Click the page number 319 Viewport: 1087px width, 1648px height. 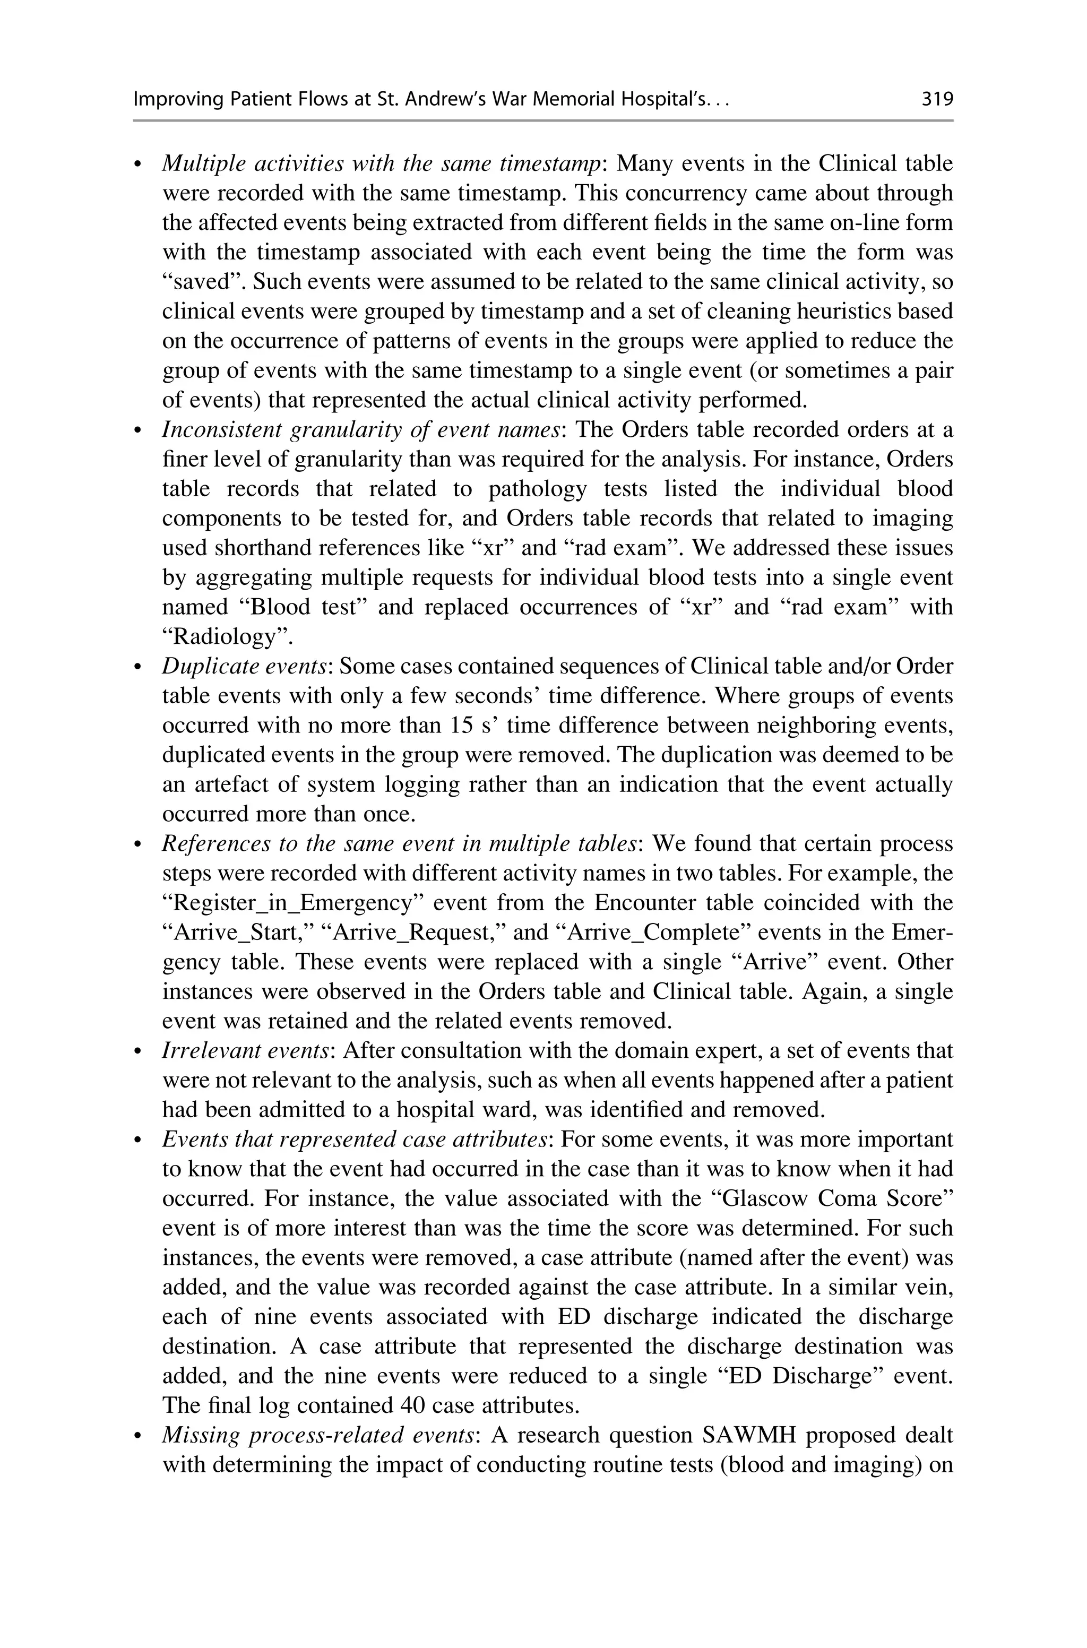pos(937,100)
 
